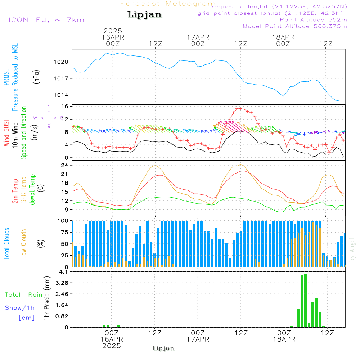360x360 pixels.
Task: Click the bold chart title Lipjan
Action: click(144, 15)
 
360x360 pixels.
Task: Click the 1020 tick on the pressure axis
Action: click(63, 62)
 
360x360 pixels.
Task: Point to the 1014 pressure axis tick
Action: click(63, 95)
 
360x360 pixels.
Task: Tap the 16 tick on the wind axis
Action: click(65, 107)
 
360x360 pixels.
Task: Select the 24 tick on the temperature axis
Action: click(65, 165)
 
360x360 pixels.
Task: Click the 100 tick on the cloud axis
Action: click(63, 221)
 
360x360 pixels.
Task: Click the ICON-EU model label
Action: click(46, 20)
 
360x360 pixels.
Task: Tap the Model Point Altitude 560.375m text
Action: click(295, 26)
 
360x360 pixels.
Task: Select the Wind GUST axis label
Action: click(6, 134)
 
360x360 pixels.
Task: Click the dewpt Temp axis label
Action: click(32, 190)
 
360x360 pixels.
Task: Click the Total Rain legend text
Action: click(24, 295)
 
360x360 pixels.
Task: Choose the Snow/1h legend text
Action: click(20, 308)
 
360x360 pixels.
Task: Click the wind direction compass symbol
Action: click(49, 117)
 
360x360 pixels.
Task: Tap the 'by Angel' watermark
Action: click(352, 249)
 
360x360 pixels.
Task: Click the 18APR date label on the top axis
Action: click(283, 37)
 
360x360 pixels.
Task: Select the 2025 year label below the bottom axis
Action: click(111, 346)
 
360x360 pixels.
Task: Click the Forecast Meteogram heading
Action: click(168, 4)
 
